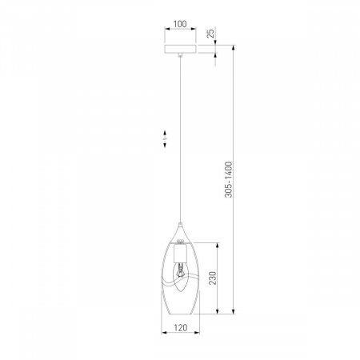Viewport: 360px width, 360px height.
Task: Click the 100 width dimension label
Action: (180, 24)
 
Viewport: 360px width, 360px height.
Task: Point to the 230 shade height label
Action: (213, 278)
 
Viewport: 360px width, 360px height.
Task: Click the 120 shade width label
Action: (180, 328)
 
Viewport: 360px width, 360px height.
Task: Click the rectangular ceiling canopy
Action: (180, 50)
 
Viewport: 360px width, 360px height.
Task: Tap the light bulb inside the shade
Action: (181, 272)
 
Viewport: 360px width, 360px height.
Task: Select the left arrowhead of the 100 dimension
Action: (166, 30)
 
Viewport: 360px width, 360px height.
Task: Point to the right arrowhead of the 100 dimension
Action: (195, 30)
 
